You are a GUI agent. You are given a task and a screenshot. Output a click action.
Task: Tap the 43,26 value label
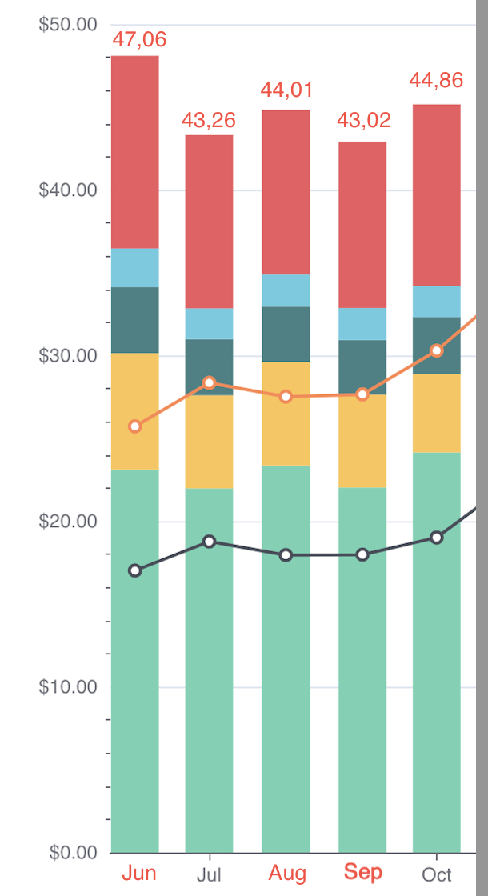pyautogui.click(x=209, y=121)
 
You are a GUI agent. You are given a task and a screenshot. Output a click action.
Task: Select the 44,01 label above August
pyautogui.click(x=286, y=90)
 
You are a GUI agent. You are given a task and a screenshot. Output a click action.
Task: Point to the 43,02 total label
pyautogui.click(x=363, y=121)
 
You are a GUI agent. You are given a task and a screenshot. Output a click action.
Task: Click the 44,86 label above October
pyautogui.click(x=436, y=80)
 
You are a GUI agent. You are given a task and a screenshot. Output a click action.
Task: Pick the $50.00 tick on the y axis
pyautogui.click(x=68, y=25)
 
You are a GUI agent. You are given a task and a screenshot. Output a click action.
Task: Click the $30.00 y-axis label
pyautogui.click(x=68, y=356)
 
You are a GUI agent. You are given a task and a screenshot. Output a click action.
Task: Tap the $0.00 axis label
pyautogui.click(x=74, y=853)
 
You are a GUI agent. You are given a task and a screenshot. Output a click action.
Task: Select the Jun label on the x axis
pyautogui.click(x=139, y=873)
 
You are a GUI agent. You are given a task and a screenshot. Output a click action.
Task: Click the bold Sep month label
pyautogui.click(x=363, y=873)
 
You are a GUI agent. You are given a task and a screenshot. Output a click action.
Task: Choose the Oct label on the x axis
pyautogui.click(x=437, y=874)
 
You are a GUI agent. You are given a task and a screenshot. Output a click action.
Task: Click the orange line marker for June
pyautogui.click(x=135, y=426)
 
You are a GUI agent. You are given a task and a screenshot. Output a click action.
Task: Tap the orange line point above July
pyautogui.click(x=209, y=383)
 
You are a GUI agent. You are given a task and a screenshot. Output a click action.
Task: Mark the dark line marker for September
pyautogui.click(x=363, y=554)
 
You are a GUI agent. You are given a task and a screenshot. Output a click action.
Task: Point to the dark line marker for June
pyautogui.click(x=135, y=570)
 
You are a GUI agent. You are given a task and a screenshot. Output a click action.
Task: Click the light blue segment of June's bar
pyautogui.click(x=135, y=268)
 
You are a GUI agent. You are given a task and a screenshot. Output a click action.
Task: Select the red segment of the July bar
pyautogui.click(x=209, y=222)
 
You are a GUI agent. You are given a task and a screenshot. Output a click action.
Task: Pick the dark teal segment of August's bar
pyautogui.click(x=286, y=334)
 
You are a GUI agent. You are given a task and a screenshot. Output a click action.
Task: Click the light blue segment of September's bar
pyautogui.click(x=363, y=324)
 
